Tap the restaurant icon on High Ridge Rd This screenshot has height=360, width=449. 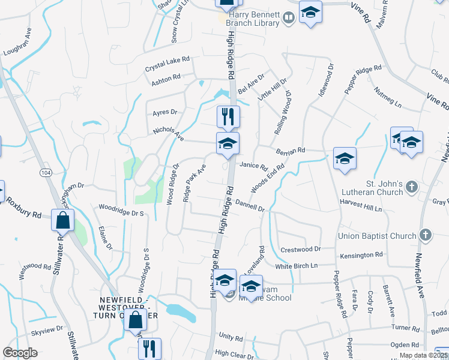[228, 116]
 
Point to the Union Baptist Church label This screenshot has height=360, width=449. [378, 236]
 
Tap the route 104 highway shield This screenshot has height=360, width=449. [45, 173]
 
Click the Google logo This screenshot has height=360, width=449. [20, 353]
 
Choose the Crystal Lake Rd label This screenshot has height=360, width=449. [167, 64]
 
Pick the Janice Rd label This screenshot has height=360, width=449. [253, 166]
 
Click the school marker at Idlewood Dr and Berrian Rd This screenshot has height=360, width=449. [345, 158]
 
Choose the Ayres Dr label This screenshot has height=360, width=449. [165, 112]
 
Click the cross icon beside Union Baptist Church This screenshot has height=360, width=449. [426, 235]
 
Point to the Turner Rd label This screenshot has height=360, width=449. [406, 328]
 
